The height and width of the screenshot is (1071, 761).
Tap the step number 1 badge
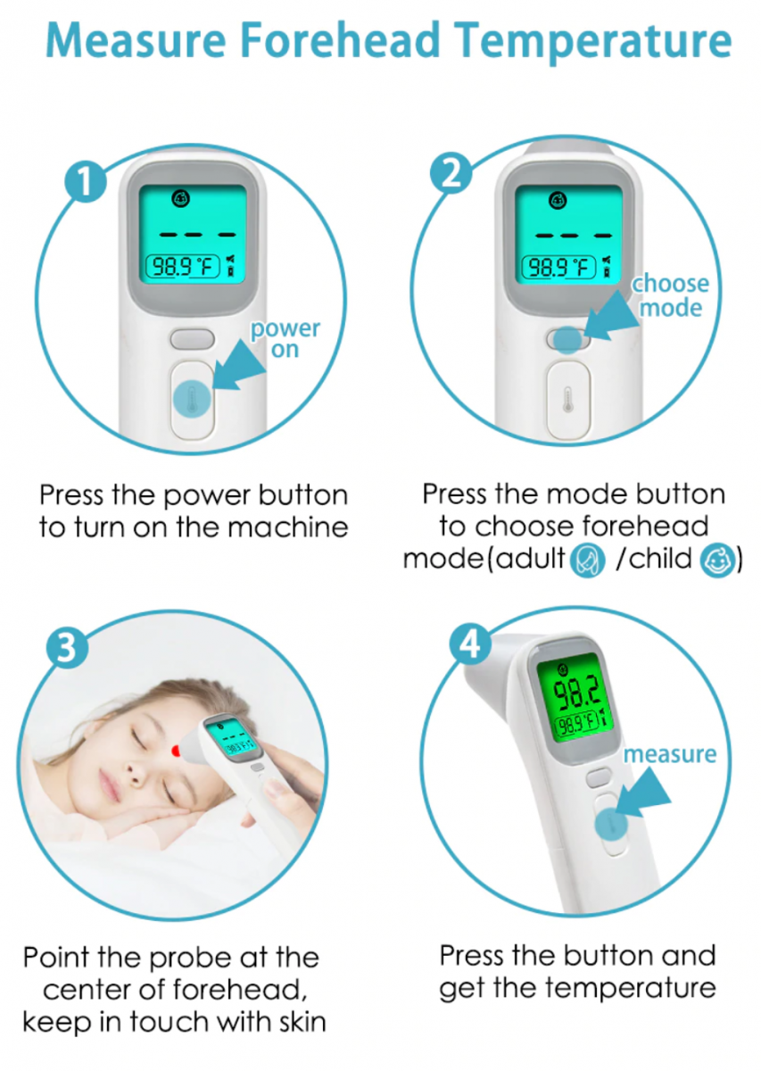tap(86, 181)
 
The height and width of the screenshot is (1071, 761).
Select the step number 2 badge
tap(451, 173)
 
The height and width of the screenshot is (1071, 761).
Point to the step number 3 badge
tap(68, 648)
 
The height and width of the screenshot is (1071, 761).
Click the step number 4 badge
tap(470, 645)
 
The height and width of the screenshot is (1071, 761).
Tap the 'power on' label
tap(285, 338)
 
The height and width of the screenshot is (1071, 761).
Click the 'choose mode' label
tap(671, 295)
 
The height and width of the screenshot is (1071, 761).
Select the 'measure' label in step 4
tap(670, 754)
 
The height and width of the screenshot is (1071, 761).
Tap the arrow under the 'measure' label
tap(643, 793)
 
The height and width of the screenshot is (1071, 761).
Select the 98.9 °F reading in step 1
tap(183, 267)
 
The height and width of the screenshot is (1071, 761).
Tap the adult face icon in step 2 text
tap(588, 560)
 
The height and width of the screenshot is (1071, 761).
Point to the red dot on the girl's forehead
tap(176, 751)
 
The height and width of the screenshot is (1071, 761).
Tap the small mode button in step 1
tap(192, 339)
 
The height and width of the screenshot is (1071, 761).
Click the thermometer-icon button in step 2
tap(567, 399)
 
